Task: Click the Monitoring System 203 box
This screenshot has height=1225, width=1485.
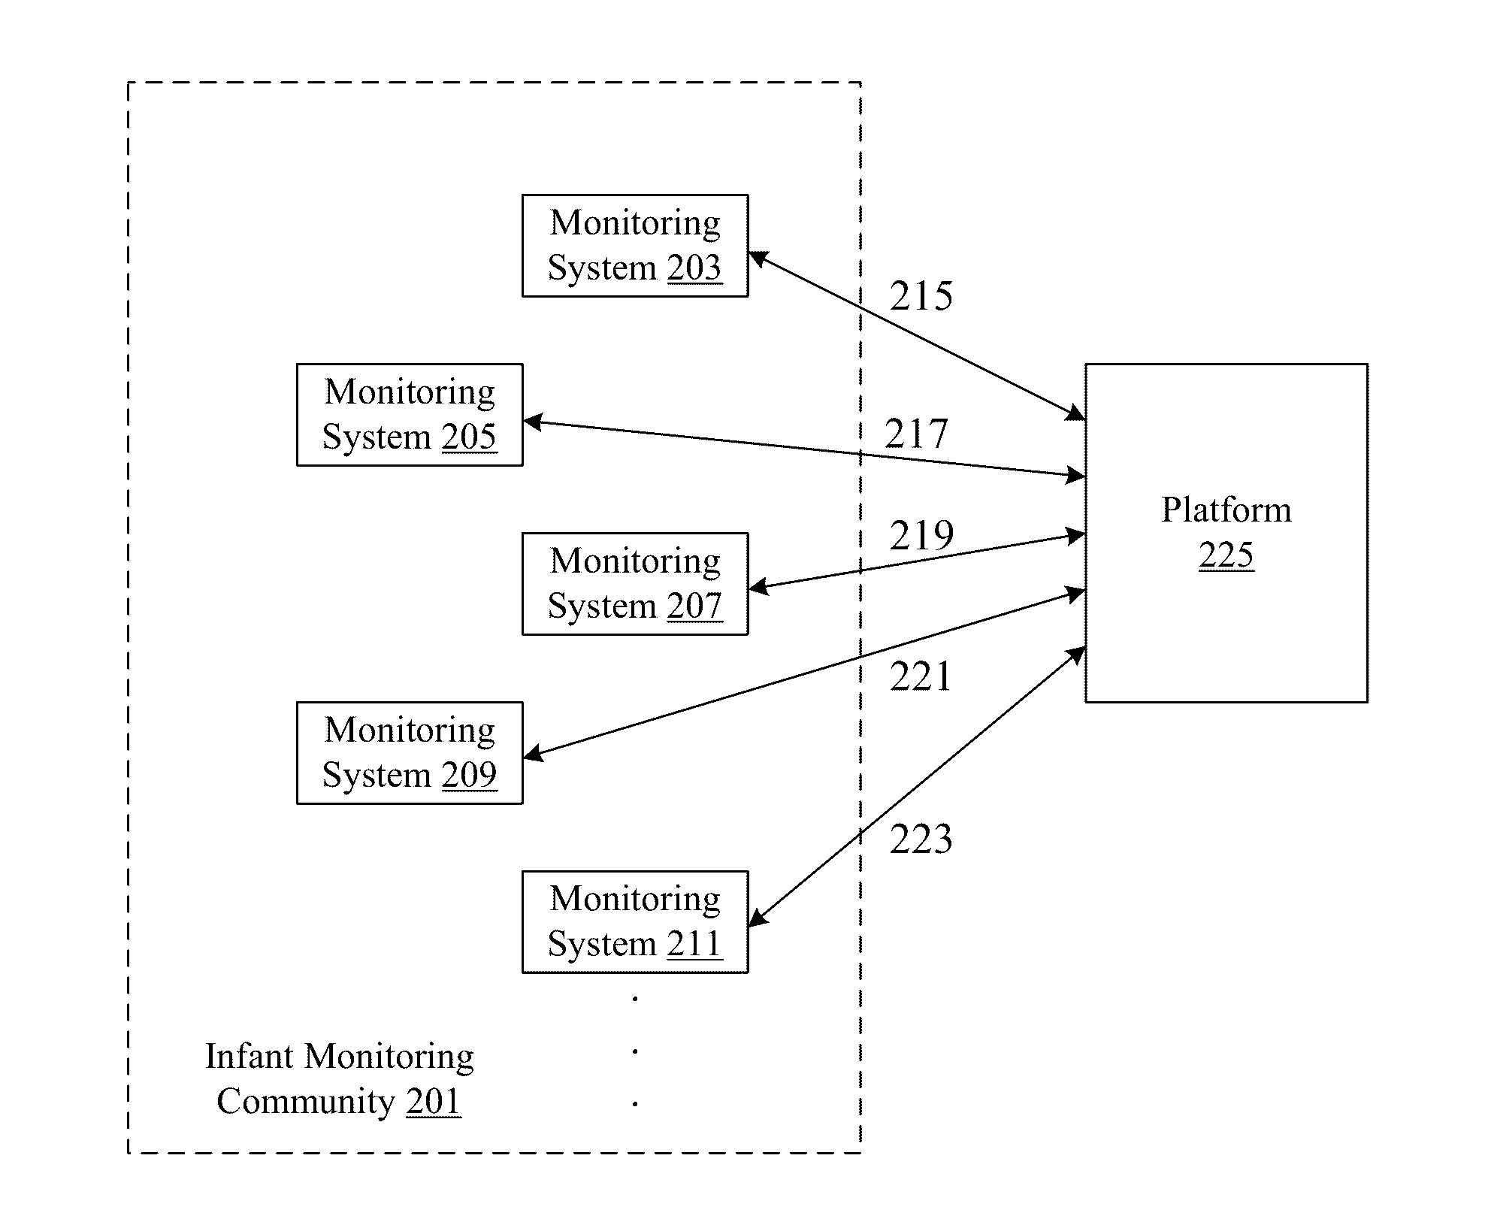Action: point(635,246)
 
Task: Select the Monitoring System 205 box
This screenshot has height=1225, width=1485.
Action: point(410,415)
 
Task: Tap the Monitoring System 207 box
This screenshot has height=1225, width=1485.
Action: point(635,584)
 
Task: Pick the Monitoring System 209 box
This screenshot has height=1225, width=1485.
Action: point(410,753)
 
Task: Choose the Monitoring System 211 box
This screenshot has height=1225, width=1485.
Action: point(635,922)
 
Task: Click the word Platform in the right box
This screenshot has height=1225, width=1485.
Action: point(1226,510)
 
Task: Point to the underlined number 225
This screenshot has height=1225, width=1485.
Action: point(1226,556)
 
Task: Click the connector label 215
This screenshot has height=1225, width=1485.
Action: point(921,296)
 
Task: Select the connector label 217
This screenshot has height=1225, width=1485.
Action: point(916,434)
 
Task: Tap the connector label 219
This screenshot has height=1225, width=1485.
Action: point(921,536)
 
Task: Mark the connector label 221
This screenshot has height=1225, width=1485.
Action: point(921,676)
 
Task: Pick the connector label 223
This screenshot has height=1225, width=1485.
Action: point(921,839)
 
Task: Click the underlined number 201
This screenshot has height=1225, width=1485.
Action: point(434,1102)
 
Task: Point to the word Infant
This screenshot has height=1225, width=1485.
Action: point(250,1056)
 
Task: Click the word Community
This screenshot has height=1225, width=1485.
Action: point(306,1102)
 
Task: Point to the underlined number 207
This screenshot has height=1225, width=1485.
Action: point(694,606)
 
